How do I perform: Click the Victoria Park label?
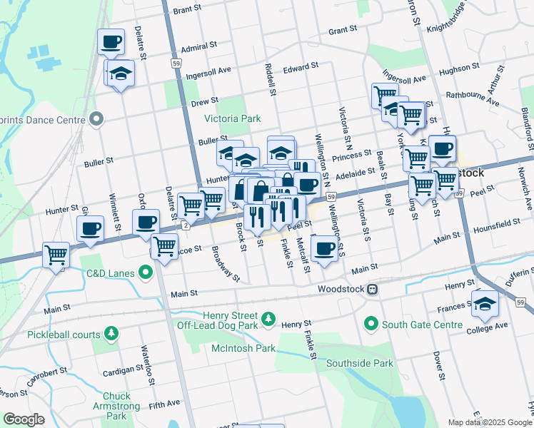coord(232,118)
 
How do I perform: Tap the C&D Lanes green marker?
coord(146,272)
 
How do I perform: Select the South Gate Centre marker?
coord(371,325)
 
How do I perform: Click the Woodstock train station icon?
coord(372,290)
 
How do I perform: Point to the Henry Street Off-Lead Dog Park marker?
coord(268,318)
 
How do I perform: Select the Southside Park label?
coord(359,362)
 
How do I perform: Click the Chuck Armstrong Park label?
coord(116,406)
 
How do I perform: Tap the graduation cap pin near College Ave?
coord(485,304)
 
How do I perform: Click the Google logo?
coord(24,419)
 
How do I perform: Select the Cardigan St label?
coord(124,372)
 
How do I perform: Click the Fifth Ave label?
coord(164,404)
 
